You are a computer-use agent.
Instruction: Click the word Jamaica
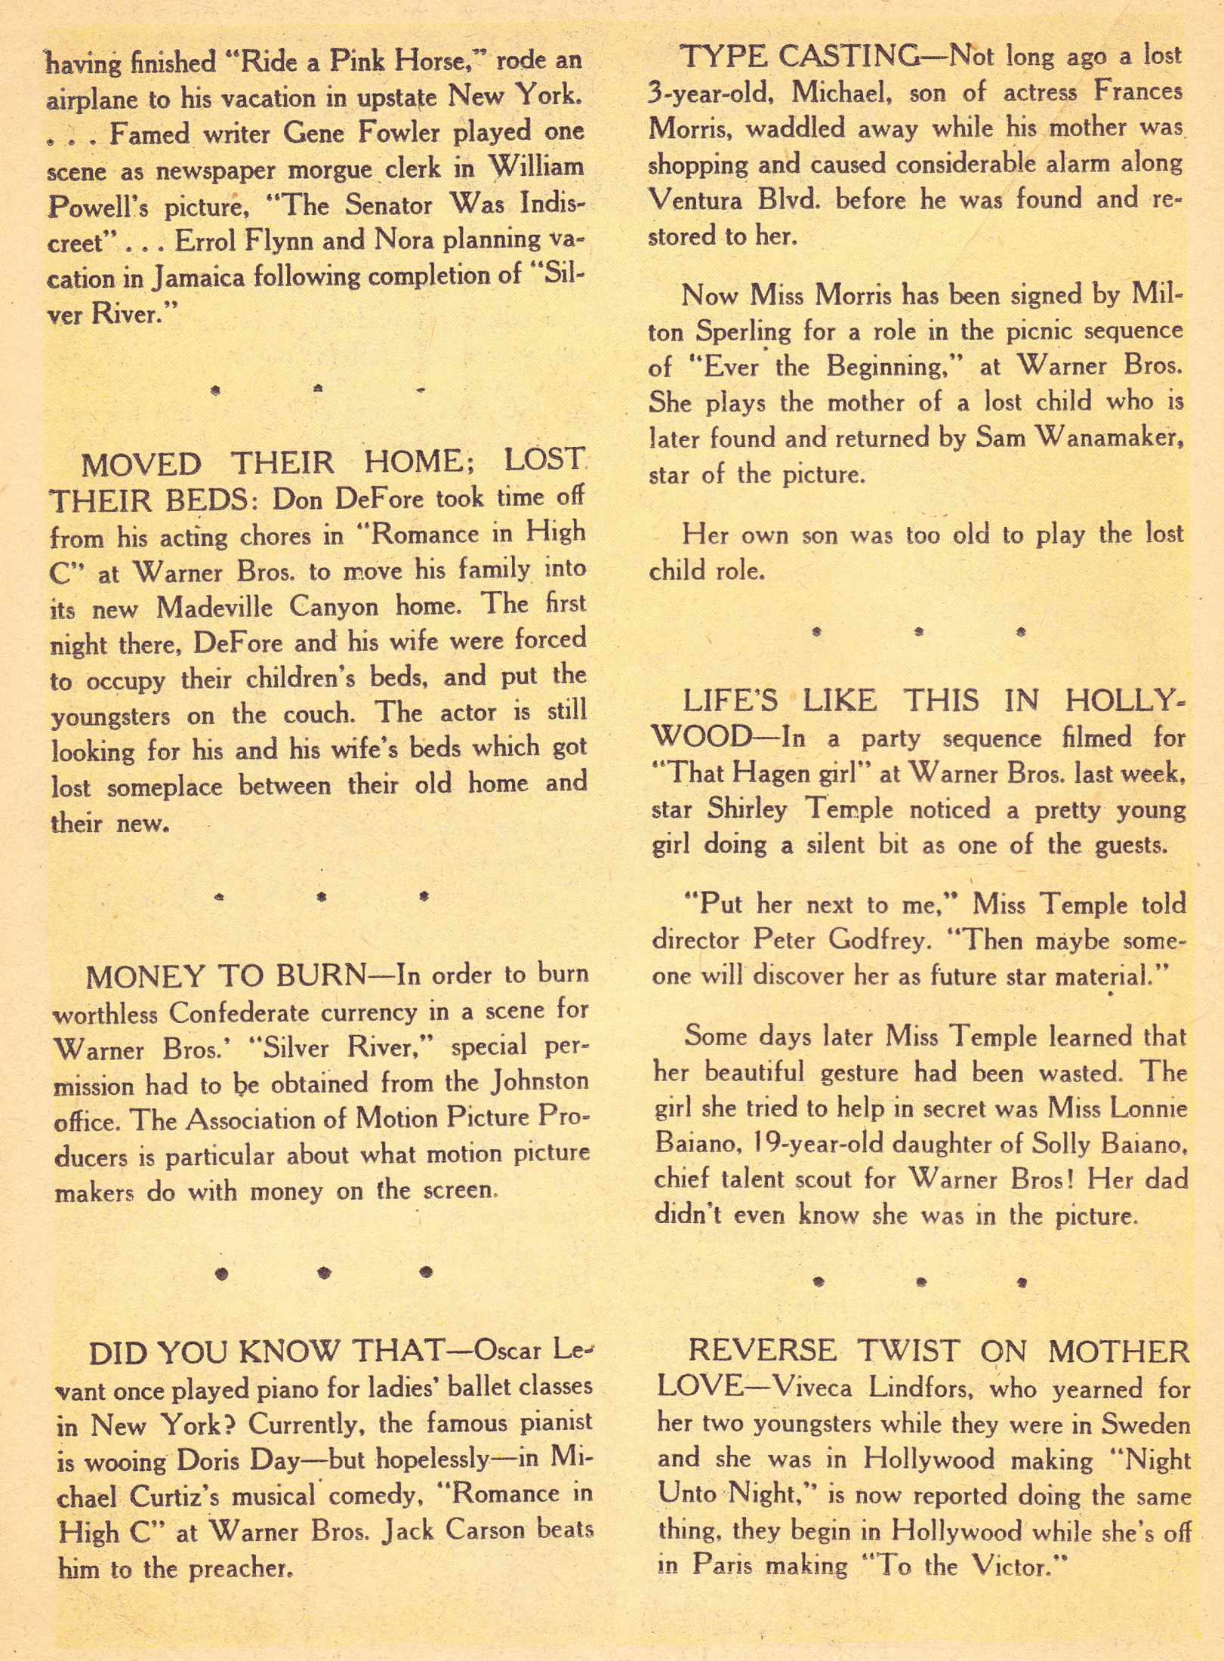pyautogui.click(x=199, y=279)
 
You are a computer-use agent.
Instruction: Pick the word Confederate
pyautogui.click(x=249, y=1012)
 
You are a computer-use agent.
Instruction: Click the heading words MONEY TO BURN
pyautogui.click(x=225, y=977)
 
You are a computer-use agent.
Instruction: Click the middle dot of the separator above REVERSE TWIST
pyautogui.click(x=920, y=1281)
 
